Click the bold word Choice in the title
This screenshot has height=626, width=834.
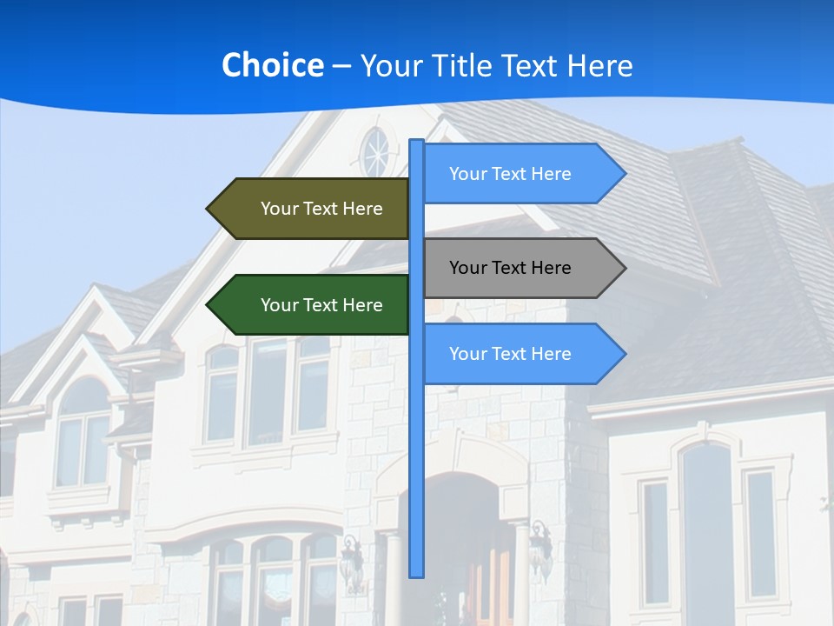pyautogui.click(x=272, y=65)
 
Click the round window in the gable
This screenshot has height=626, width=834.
pyautogui.click(x=376, y=153)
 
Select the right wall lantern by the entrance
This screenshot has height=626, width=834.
pyautogui.click(x=540, y=548)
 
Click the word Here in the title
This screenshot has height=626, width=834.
pyautogui.click(x=600, y=66)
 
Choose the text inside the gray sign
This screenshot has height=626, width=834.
pyautogui.click(x=510, y=268)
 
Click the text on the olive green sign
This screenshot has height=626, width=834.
pyautogui.click(x=321, y=209)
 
